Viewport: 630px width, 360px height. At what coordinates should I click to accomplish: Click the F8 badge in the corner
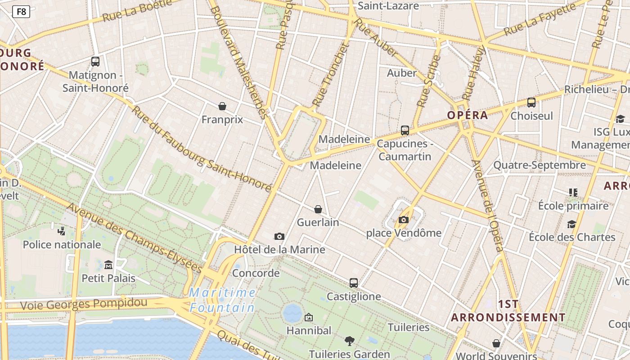click(21, 12)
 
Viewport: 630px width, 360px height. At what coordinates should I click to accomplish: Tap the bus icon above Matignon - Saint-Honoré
click(95, 62)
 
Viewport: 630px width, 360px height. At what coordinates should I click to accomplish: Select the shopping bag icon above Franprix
click(222, 106)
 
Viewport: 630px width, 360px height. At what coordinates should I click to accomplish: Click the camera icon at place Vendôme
click(404, 220)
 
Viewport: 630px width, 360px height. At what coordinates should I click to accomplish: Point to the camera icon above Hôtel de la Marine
click(279, 236)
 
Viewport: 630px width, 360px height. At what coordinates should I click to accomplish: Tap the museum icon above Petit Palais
click(108, 265)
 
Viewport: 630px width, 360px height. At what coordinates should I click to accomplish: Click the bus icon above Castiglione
click(354, 283)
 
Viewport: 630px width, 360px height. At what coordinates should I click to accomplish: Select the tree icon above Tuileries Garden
click(349, 341)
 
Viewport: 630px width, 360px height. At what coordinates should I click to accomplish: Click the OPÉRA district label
click(468, 115)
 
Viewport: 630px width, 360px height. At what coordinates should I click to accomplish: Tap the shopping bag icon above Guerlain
click(318, 209)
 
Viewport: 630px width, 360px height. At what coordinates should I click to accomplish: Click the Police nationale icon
click(62, 231)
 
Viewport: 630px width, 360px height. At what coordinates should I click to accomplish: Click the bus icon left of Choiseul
click(531, 103)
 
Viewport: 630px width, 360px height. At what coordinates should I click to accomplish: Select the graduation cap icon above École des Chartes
click(572, 224)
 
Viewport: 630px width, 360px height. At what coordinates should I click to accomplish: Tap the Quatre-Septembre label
click(540, 165)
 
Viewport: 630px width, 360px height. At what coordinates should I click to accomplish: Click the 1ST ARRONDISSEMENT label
click(508, 311)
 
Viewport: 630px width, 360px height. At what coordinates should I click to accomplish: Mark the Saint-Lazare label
click(388, 6)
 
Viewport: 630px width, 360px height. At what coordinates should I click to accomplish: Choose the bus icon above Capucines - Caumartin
click(405, 130)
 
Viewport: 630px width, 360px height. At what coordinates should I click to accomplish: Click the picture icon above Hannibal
click(309, 318)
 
